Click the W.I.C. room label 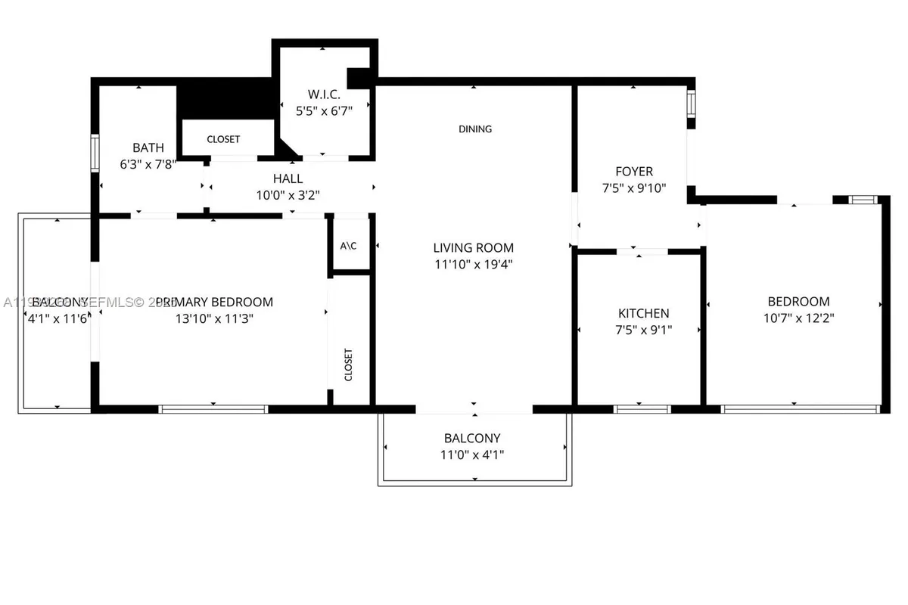[x=324, y=95]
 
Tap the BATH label [x=148, y=147]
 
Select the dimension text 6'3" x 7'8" [x=148, y=164]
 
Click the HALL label [x=288, y=178]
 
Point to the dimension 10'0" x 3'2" [x=288, y=195]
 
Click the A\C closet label [x=349, y=246]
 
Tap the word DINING [x=475, y=129]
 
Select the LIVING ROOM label [x=474, y=247]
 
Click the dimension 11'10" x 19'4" [x=474, y=264]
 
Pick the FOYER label [x=634, y=172]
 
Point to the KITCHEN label [x=643, y=313]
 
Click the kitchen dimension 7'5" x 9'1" [x=643, y=330]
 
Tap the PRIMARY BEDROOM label [x=214, y=302]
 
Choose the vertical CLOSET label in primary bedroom [x=349, y=365]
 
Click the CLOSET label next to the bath [x=223, y=139]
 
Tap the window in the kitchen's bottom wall [x=642, y=409]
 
